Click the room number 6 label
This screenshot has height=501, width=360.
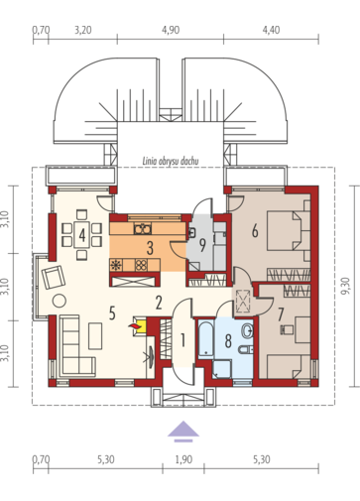[255, 230]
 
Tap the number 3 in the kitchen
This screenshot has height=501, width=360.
[150, 248]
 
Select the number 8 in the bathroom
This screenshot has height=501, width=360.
[228, 341]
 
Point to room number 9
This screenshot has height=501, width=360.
[202, 245]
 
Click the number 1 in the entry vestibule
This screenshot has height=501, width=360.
[182, 340]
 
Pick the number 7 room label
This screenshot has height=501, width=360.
[281, 314]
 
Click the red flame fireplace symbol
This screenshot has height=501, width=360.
[135, 326]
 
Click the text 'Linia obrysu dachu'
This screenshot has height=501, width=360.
[171, 162]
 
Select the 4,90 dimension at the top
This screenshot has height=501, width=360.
[171, 30]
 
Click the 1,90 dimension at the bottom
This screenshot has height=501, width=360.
[182, 459]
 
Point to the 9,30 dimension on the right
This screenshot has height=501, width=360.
[346, 286]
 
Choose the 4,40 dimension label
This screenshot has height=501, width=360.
[271, 30]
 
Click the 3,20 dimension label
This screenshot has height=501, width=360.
[82, 30]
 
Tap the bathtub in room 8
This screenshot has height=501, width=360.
[206, 338]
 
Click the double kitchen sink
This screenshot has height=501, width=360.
[143, 228]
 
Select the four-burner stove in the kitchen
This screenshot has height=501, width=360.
[141, 265]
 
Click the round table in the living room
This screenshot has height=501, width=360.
[60, 301]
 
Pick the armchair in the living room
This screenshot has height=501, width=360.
[54, 277]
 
